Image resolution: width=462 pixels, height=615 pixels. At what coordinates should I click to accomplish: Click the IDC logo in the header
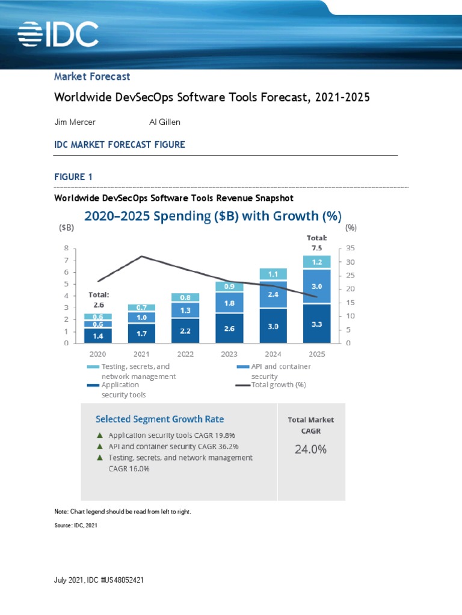(x=58, y=35)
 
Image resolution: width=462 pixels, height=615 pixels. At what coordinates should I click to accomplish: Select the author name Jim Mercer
(x=75, y=122)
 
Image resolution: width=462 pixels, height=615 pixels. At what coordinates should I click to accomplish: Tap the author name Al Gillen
(x=165, y=122)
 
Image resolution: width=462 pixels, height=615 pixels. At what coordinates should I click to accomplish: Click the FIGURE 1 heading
(x=73, y=177)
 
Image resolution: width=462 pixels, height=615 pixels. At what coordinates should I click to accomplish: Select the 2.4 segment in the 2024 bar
(x=273, y=294)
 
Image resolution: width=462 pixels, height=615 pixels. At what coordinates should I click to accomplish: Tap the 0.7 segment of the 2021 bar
(x=141, y=307)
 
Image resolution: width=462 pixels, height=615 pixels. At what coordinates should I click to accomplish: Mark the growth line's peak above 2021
(x=141, y=256)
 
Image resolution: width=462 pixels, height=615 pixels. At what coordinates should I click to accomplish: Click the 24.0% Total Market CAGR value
(x=311, y=449)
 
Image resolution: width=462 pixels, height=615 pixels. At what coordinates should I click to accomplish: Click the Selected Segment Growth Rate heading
(x=161, y=418)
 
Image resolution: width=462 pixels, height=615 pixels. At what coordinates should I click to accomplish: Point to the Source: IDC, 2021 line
(x=75, y=526)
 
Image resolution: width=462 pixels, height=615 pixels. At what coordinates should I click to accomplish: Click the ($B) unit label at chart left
(x=66, y=228)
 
